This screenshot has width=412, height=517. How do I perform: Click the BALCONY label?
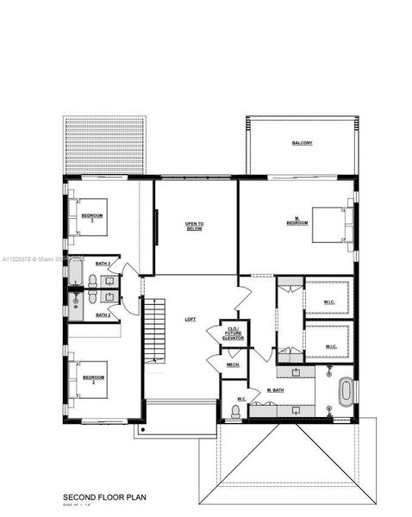pyautogui.click(x=301, y=143)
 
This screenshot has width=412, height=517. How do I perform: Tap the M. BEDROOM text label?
pyautogui.click(x=297, y=221)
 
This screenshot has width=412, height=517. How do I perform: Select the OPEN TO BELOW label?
pyautogui.click(x=193, y=227)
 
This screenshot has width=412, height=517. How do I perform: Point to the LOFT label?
pyautogui.click(x=190, y=320)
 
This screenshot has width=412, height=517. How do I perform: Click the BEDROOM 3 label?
pyautogui.click(x=92, y=216)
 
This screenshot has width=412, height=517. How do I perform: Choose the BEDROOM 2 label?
pyautogui.click(x=93, y=378)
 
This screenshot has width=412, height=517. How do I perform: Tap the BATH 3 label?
pyautogui.click(x=103, y=264)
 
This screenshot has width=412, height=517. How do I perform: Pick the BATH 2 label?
pyautogui.click(x=103, y=315)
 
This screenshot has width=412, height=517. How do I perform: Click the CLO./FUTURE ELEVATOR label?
pyautogui.click(x=234, y=333)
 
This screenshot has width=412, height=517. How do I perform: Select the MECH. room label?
pyautogui.click(x=233, y=365)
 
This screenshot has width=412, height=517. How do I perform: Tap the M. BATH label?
pyautogui.click(x=276, y=390)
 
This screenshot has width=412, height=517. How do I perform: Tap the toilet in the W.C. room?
pyautogui.click(x=235, y=412)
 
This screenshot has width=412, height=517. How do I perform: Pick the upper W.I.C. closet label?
pyautogui.click(x=329, y=301)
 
